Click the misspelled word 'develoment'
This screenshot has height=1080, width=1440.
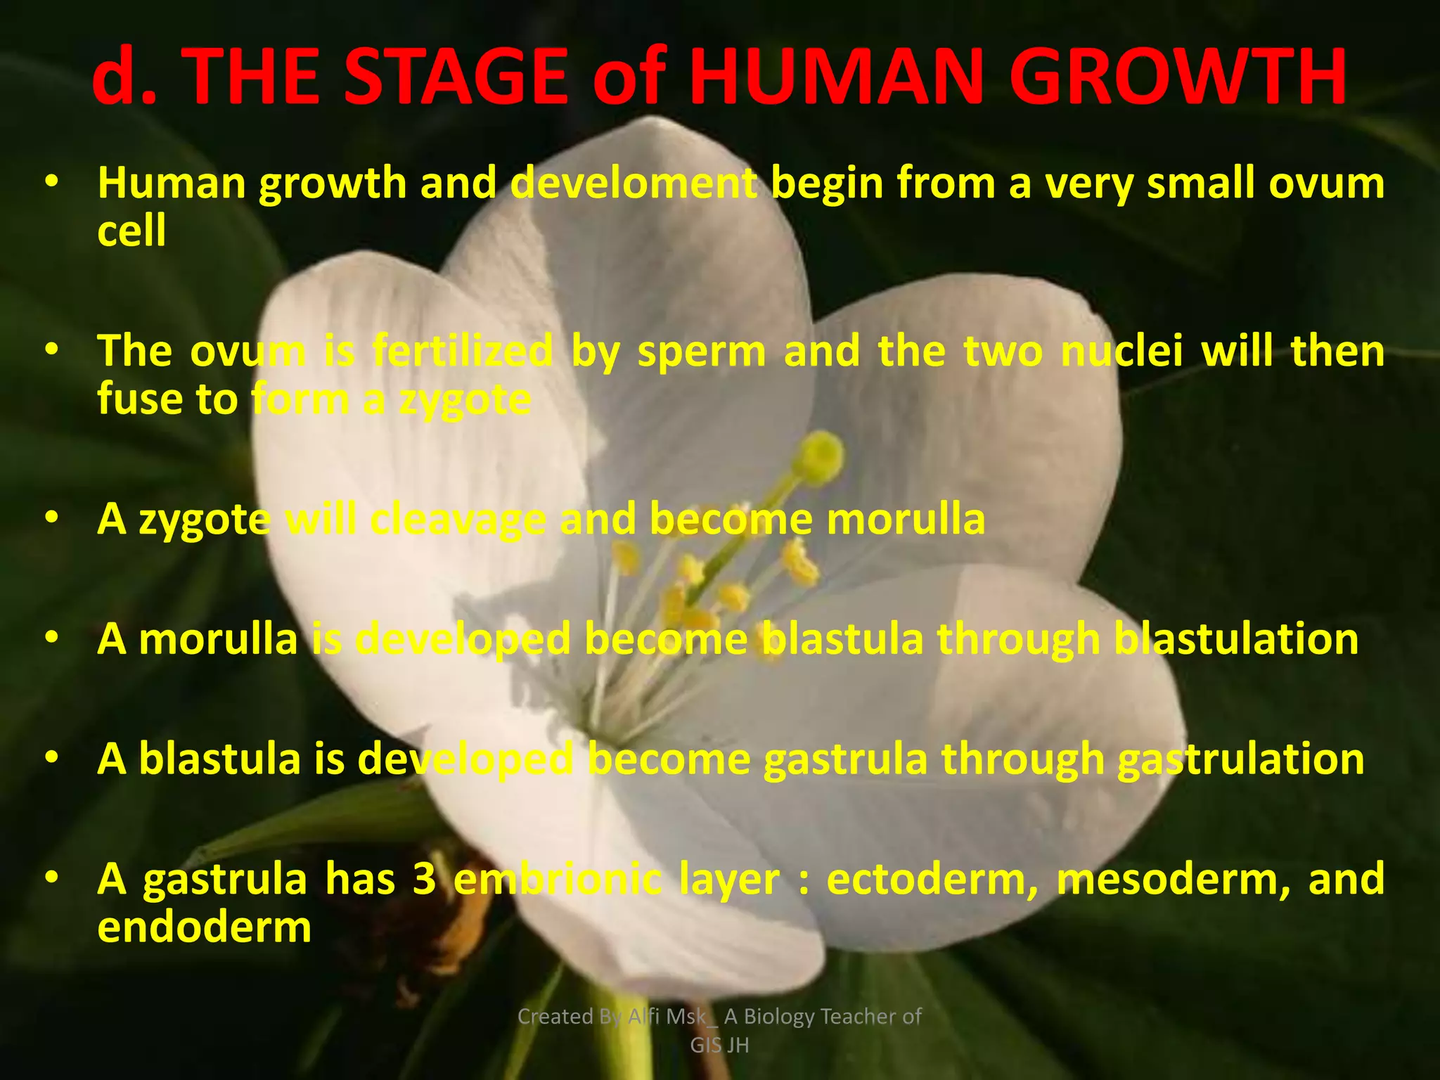coord(633,184)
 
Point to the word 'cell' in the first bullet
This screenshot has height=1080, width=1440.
coord(131,231)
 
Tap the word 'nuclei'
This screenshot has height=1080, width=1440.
coord(1121,352)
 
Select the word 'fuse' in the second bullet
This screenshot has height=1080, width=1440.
coord(137,399)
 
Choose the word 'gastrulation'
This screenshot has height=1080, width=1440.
coord(1241,760)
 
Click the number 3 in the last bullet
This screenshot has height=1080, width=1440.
coord(424,880)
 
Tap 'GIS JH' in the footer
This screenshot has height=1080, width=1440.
coord(719,1046)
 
